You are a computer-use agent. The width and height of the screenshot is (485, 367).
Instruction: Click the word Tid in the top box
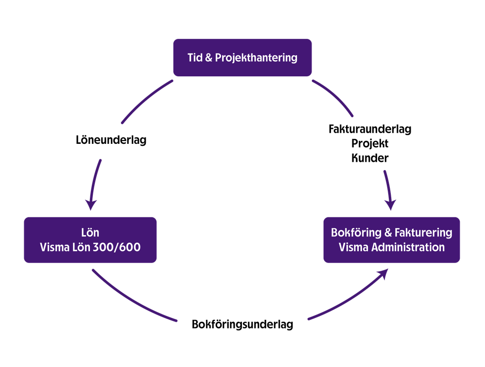coord(194,57)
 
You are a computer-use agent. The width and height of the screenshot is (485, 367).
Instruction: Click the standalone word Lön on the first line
coord(90,232)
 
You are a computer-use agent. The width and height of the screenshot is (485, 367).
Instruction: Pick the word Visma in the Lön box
coord(54,247)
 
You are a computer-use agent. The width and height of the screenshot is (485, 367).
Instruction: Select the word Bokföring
coord(353,232)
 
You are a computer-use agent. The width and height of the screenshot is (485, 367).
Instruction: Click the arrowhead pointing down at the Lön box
coord(90,204)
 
